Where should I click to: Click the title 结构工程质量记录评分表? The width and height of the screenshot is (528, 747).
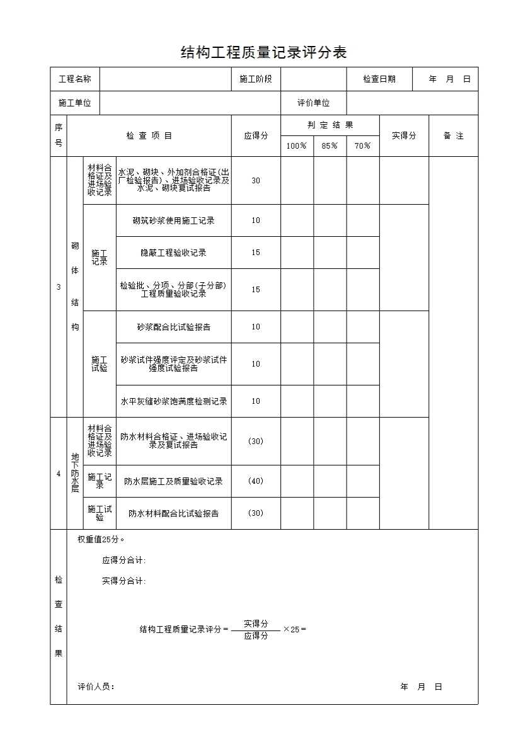pyautogui.click(x=263, y=52)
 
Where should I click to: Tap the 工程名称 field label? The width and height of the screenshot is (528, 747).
pyautogui.click(x=75, y=79)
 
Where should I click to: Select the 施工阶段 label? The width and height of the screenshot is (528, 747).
pyautogui.click(x=256, y=79)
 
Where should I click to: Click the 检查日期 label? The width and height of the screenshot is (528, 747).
pyautogui.click(x=379, y=79)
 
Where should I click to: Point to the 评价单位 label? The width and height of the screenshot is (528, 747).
pyautogui.click(x=314, y=103)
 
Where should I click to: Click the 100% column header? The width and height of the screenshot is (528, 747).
pyautogui.click(x=297, y=146)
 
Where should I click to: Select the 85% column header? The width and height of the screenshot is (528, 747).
pyautogui.click(x=330, y=146)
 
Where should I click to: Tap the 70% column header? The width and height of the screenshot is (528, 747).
pyautogui.click(x=362, y=146)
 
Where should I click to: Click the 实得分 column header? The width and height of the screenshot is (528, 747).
pyautogui.click(x=404, y=135)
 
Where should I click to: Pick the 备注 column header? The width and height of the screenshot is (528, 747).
pyautogui.click(x=453, y=135)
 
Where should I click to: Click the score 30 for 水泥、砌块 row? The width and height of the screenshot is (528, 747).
pyautogui.click(x=256, y=181)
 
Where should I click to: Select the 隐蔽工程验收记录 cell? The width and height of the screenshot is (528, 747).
pyautogui.click(x=173, y=253)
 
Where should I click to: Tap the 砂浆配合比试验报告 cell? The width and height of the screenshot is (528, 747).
pyautogui.click(x=173, y=327)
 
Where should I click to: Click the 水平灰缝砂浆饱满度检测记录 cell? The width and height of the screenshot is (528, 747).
pyautogui.click(x=173, y=401)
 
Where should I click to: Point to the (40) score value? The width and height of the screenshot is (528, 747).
pyautogui.click(x=256, y=481)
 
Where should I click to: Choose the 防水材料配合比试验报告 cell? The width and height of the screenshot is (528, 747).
pyautogui.click(x=173, y=513)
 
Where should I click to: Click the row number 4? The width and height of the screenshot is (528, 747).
pyautogui.click(x=59, y=474)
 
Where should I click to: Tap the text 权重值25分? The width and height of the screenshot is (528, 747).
pyautogui.click(x=101, y=540)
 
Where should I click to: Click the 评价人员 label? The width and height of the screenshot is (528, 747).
pyautogui.click(x=96, y=687)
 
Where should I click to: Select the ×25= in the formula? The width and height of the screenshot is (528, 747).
pyautogui.click(x=295, y=629)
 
